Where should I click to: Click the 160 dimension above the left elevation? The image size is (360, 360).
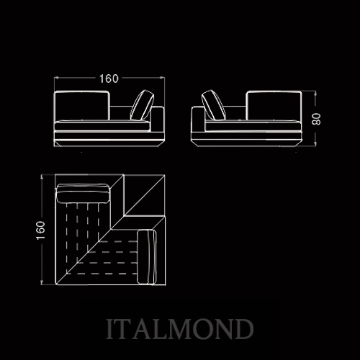(109, 78)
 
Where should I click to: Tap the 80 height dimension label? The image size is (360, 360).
(316, 119)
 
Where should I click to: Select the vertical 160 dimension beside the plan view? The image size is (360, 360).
(40, 230)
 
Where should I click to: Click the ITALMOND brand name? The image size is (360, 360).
(180, 329)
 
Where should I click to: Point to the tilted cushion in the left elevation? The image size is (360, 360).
(142, 105)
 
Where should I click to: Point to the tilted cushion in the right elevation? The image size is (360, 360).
(214, 105)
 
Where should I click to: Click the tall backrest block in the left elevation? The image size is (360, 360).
(82, 106)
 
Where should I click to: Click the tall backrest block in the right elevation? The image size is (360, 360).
(274, 106)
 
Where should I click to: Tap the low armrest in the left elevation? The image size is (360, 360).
(158, 120)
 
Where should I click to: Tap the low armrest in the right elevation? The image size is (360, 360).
(198, 120)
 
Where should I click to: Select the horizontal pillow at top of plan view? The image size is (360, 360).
(83, 193)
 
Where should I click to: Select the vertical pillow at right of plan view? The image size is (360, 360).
(147, 257)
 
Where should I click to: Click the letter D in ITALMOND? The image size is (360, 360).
(244, 329)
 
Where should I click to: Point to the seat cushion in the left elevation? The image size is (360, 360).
(102, 126)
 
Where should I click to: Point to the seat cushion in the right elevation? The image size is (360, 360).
(253, 126)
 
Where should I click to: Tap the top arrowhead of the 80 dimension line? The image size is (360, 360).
(315, 93)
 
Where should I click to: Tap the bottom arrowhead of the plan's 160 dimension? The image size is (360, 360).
(42, 283)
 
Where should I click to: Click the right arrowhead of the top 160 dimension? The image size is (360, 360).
(162, 78)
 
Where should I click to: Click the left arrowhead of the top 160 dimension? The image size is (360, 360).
(57, 78)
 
